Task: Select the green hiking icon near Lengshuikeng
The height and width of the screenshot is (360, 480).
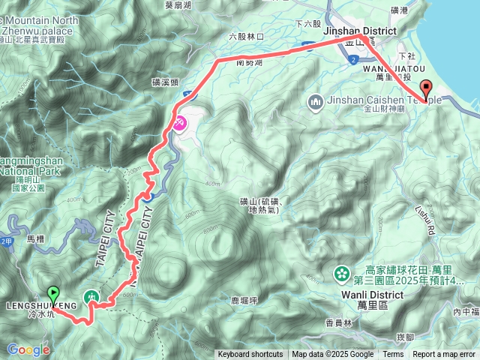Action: click(91, 297)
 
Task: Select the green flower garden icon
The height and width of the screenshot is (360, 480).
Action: click(342, 273)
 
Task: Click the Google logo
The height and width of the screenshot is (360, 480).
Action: click(28, 349)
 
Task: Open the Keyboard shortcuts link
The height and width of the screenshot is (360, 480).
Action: click(250, 355)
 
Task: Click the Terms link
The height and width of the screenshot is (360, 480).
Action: click(393, 355)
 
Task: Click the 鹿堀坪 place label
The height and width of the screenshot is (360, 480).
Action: click(244, 300)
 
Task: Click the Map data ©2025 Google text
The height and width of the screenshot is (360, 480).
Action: click(333, 355)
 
